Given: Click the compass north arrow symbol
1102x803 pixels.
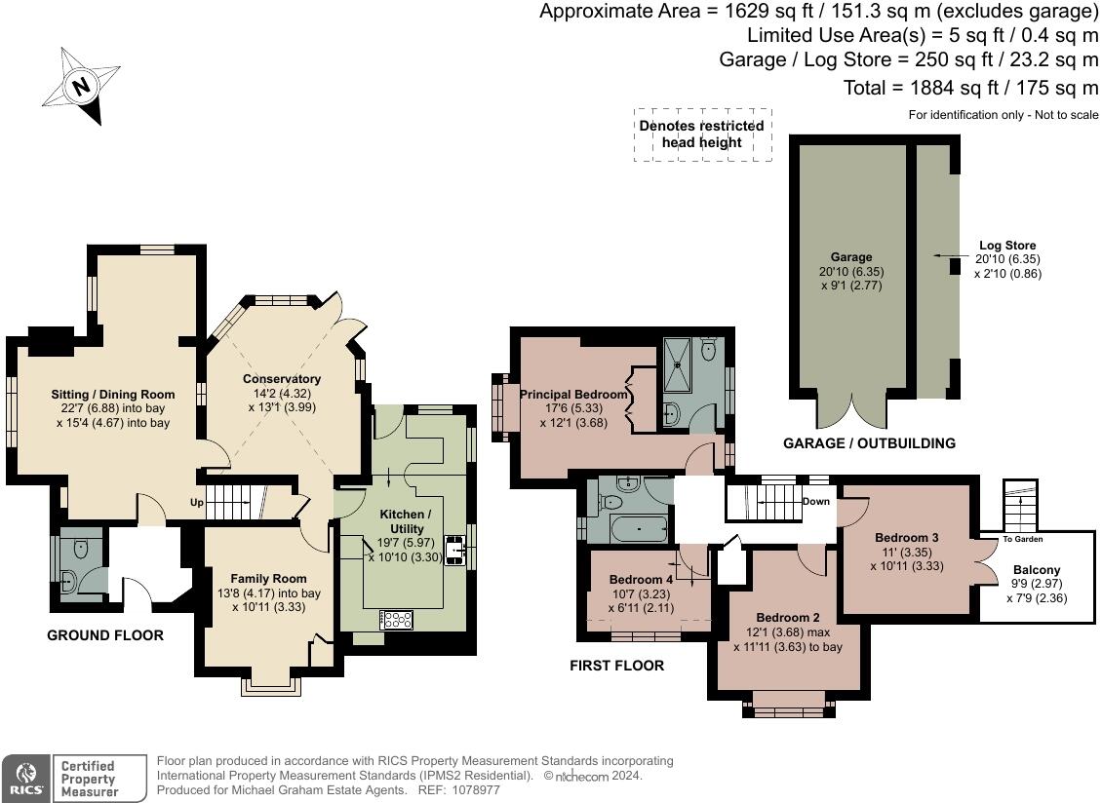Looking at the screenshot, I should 82,87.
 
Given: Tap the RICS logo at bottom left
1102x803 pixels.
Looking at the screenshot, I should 23,778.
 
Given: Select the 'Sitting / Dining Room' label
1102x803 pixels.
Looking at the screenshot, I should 110,395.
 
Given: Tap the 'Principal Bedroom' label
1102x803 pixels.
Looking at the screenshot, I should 573,395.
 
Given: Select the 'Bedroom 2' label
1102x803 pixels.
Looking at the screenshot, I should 788,617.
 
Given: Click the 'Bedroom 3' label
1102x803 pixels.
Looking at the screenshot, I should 906,537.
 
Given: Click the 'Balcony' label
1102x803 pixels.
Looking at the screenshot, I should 1037,570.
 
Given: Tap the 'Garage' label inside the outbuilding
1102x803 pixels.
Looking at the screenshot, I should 851,257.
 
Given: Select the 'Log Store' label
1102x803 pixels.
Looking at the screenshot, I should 1007,246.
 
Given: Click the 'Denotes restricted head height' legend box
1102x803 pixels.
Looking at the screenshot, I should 702,134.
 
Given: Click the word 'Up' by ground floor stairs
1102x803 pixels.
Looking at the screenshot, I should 197,503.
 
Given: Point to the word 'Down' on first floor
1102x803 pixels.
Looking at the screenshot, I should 815,502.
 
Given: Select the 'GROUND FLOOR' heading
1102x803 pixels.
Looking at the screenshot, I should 105,635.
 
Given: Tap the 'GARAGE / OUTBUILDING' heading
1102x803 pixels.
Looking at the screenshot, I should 869,443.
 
